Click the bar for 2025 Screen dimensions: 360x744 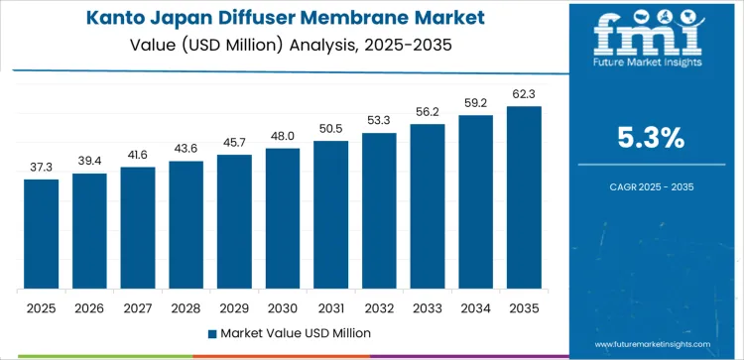pyautogui.click(x=42, y=234)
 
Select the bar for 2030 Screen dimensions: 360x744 pyautogui.click(x=283, y=218)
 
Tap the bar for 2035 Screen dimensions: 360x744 pyautogui.click(x=524, y=197)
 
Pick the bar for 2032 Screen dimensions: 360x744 pyautogui.click(x=379, y=210)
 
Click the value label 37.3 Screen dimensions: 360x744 pyautogui.click(x=42, y=168)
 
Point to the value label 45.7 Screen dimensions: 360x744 pyautogui.click(x=234, y=143)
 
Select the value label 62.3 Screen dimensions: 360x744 pyautogui.click(x=524, y=94)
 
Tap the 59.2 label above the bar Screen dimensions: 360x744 pyautogui.click(x=475, y=103)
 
